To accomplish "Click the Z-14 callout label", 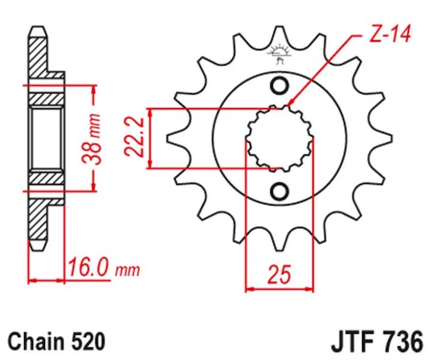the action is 389,34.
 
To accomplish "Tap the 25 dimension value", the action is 280,274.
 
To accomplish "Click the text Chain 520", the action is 57,342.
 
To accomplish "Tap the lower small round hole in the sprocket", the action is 280,190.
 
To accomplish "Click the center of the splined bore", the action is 280,139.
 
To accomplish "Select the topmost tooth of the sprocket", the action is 280,36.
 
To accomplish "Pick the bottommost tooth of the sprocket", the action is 280,241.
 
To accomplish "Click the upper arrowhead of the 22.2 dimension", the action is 150,112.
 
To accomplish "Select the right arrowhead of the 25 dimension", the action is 309,289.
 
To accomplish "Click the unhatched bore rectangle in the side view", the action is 46,139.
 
